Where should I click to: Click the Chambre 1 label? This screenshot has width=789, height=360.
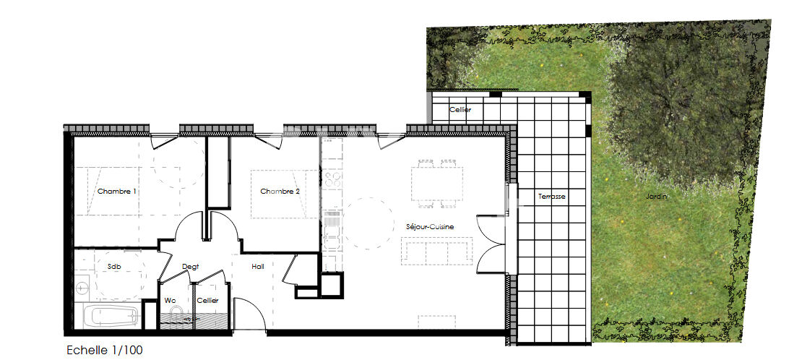pyautogui.click(x=117, y=192)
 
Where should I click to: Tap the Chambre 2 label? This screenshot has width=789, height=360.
pyautogui.click(x=280, y=192)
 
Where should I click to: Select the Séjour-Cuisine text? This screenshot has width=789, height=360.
pyautogui.click(x=430, y=227)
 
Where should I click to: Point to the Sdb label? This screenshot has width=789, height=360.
pyautogui.click(x=114, y=267)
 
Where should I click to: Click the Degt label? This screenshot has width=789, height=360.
pyautogui.click(x=190, y=267)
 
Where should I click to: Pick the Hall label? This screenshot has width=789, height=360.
pyautogui.click(x=258, y=267)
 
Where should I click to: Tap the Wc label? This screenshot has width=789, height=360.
pyautogui.click(x=170, y=300)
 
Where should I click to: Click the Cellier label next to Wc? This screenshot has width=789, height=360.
pyautogui.click(x=207, y=300)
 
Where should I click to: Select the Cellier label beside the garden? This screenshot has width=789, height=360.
pyautogui.click(x=460, y=110)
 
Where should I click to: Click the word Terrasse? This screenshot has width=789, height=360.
pyautogui.click(x=551, y=197)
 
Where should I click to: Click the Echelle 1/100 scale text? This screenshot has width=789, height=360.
pyautogui.click(x=105, y=351)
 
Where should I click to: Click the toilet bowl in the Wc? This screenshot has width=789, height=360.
pyautogui.click(x=174, y=315)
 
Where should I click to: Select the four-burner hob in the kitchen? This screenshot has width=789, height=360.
pyautogui.click(x=333, y=178)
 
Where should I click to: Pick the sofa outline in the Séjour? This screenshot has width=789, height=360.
pyautogui.click(x=436, y=252)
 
